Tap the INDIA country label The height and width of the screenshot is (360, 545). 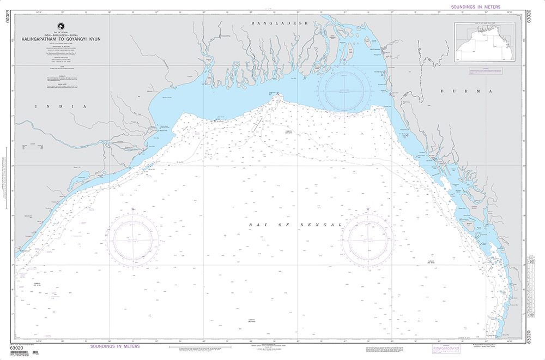pyautogui.click(x=60, y=107)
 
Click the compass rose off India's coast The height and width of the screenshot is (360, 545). pyautogui.click(x=134, y=239)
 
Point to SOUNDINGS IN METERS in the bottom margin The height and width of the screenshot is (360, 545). pyautogui.click(x=114, y=346)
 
